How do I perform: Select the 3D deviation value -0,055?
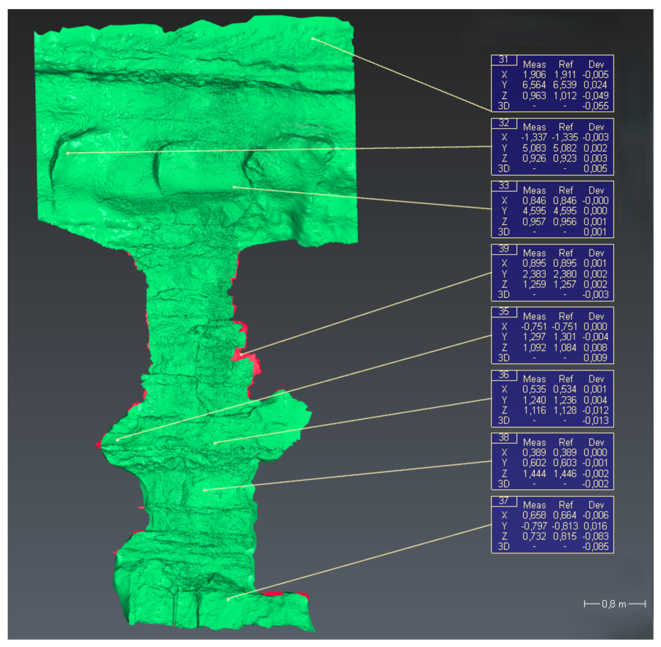pyautogui.click(x=595, y=106)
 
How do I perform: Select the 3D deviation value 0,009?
pyautogui.click(x=595, y=358)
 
